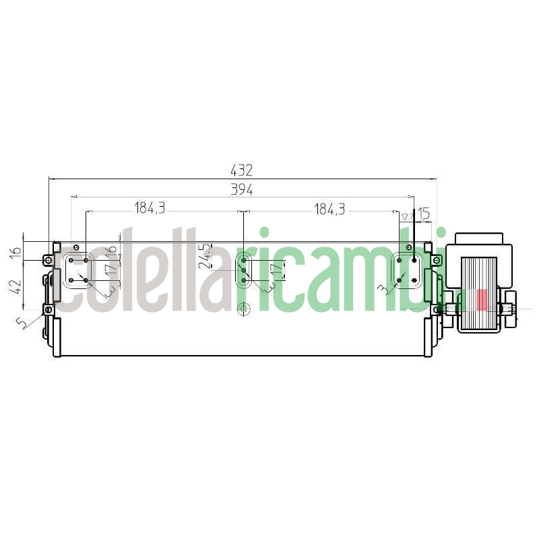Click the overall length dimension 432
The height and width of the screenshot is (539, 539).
click(x=242, y=171)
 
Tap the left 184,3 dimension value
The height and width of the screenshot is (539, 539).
click(x=150, y=208)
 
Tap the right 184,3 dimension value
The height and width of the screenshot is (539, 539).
click(x=329, y=209)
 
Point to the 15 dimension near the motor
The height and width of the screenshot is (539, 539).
click(x=423, y=214)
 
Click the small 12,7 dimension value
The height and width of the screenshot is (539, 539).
click(x=407, y=216)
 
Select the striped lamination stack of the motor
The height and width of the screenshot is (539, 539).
click(x=479, y=283)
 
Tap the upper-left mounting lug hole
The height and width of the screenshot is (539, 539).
click(x=48, y=260)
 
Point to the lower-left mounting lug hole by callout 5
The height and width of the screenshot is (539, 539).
click(x=48, y=309)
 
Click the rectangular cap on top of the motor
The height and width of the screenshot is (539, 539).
click(x=479, y=239)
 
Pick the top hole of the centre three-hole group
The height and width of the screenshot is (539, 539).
click(x=243, y=260)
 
